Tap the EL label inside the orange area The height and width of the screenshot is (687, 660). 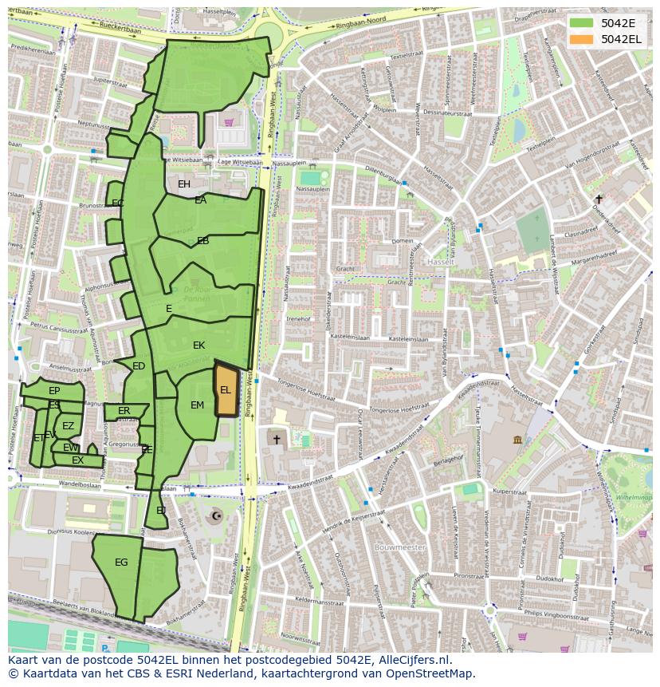pos(226,390)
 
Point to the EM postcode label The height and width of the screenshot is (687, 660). pos(198,405)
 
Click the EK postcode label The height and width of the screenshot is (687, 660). pos(199,345)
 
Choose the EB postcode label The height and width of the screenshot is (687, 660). pos(203,241)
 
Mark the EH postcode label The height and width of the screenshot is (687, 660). pos(184,184)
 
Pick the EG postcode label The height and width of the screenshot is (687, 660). pos(121,563)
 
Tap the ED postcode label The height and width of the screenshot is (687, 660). pos(139,366)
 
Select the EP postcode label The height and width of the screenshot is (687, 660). pos(54,391)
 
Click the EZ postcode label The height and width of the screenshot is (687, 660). pos(69,426)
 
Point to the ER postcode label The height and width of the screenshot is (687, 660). pos(124,411)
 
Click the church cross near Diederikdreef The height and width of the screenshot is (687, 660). pos(599,199)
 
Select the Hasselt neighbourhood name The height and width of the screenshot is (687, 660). pos(439,262)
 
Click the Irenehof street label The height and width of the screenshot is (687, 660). pos(298,318)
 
